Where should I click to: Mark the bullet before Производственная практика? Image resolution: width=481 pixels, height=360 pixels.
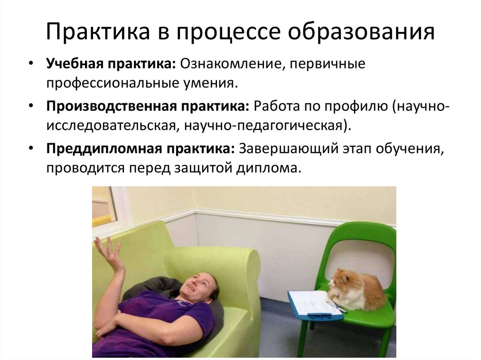tap(31, 106)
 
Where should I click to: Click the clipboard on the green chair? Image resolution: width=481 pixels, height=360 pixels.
tap(312, 303)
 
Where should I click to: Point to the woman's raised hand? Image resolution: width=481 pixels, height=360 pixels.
tap(109, 253)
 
